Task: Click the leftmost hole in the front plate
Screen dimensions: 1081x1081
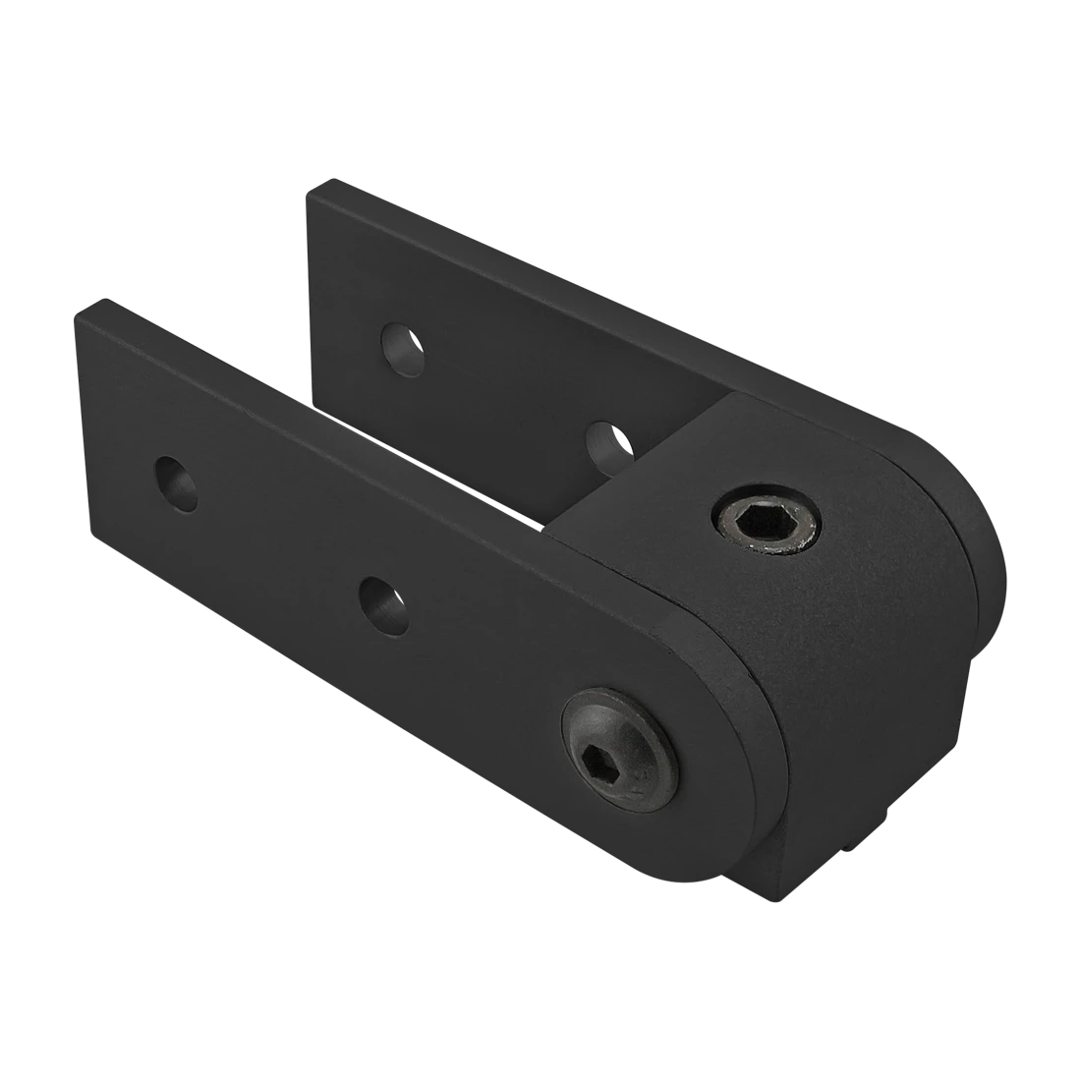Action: [x=176, y=482]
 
